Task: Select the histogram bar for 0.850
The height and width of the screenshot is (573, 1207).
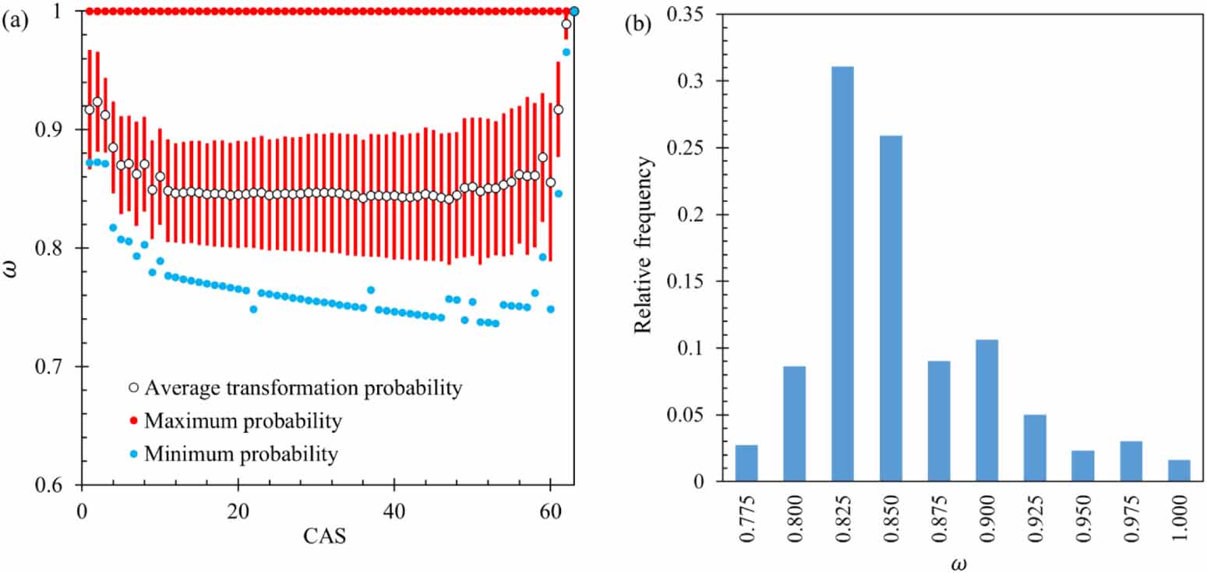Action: (x=891, y=309)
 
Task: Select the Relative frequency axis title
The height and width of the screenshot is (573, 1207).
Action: (x=643, y=245)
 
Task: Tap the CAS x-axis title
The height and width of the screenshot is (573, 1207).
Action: (x=321, y=537)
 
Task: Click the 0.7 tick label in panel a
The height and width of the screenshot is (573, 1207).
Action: (x=57, y=367)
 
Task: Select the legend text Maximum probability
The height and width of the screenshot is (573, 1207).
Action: (x=243, y=421)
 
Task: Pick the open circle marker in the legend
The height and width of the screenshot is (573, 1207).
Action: (x=132, y=387)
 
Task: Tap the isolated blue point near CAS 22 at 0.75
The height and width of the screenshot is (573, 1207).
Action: (x=253, y=309)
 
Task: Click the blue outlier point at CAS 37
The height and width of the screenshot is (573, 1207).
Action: (x=371, y=290)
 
